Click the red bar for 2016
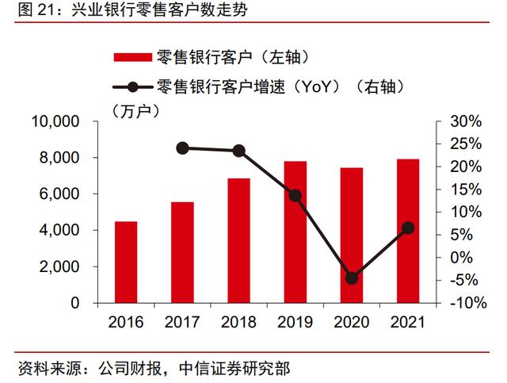tap(126, 262)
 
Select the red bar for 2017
tap(182, 252)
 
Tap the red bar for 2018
tap(238, 240)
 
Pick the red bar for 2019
tap(295, 232)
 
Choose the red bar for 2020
tap(352, 235)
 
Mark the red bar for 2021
tap(408, 231)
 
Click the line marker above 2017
tap(182, 147)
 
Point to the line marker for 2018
tap(238, 151)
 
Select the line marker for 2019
tap(295, 195)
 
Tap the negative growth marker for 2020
tap(352, 278)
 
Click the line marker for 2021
tap(408, 228)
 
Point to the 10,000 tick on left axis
tap(55, 121)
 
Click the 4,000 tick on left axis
tap(58, 230)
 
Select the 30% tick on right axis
tap(465, 121)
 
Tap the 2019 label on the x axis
tap(295, 322)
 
